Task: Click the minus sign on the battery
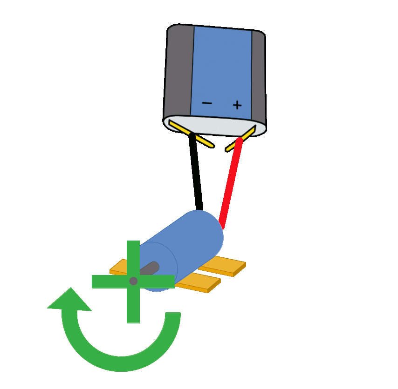pyautogui.click(x=207, y=103)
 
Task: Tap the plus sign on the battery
pyautogui.click(x=237, y=105)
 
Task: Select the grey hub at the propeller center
pyautogui.click(x=133, y=281)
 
